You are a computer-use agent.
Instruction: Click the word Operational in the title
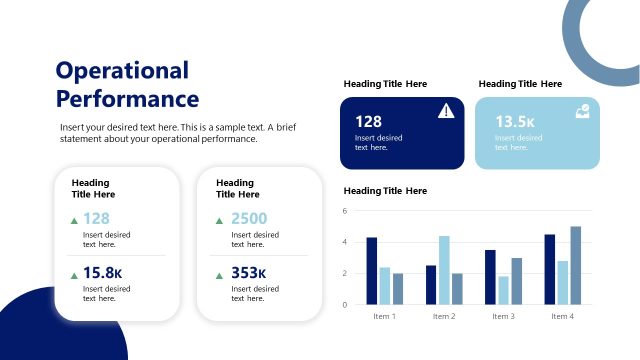click(122, 70)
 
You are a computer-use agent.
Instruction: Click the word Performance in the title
click(127, 99)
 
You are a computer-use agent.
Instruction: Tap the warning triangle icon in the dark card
click(446, 112)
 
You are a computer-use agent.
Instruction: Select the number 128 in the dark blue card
click(369, 121)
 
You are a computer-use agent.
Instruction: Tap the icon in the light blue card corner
click(582, 112)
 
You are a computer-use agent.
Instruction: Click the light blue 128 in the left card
click(96, 218)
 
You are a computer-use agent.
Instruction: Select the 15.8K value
click(102, 273)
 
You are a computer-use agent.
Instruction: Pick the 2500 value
click(248, 218)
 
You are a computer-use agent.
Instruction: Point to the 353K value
click(248, 273)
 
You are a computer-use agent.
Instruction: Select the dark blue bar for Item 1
click(372, 270)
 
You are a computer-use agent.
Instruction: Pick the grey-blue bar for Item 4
click(575, 265)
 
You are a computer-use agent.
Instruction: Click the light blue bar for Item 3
click(503, 290)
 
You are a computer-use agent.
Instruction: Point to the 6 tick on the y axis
click(344, 211)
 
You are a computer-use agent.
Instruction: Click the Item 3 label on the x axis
click(503, 316)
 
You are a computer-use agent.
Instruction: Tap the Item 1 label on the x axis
click(384, 316)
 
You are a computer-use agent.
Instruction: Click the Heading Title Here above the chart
click(385, 190)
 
